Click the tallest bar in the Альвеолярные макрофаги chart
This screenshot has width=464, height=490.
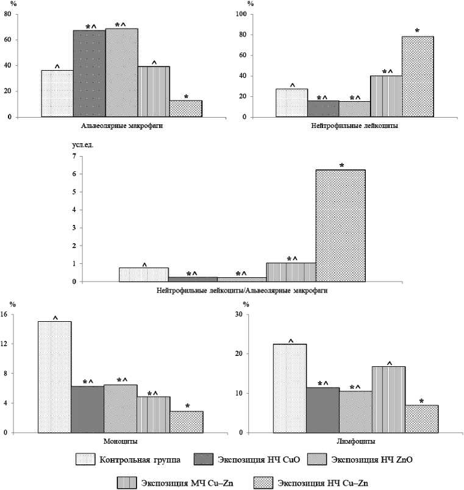(121, 73)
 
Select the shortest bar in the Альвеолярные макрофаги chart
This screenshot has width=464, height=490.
(186, 108)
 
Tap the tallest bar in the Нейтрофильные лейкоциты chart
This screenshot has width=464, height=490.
(418, 77)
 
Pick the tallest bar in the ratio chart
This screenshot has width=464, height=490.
(340, 225)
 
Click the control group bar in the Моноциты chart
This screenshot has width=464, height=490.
(55, 377)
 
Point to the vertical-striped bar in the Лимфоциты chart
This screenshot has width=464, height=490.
(389, 399)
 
